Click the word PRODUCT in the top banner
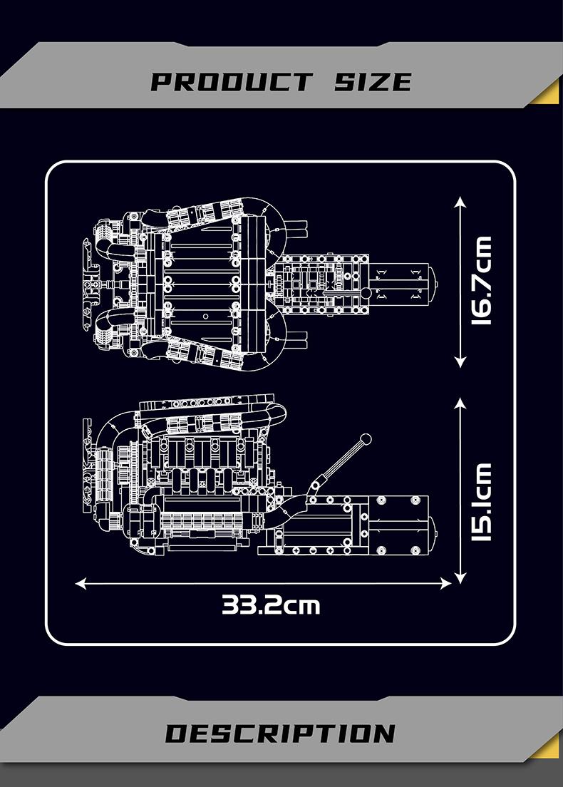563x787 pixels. coord(231,81)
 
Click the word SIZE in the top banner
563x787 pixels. coord(373,81)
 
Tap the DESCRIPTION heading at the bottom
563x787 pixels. coord(280,734)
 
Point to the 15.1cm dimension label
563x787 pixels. coord(482,502)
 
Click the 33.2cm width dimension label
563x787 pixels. coord(271,605)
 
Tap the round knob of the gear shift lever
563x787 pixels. coord(366,438)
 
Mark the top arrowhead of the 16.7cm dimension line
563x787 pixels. coord(460,203)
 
